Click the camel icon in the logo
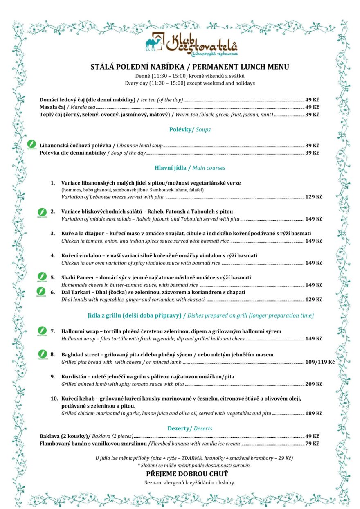(154, 43)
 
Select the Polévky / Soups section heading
(190, 130)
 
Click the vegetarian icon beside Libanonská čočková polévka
(32, 144)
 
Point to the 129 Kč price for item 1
(314, 197)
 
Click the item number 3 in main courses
(53, 233)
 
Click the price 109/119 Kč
(320, 362)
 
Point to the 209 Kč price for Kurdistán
(314, 384)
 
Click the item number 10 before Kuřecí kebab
(54, 398)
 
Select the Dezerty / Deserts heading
(190, 428)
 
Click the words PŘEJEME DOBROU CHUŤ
(190, 474)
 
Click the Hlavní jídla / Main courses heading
(190, 168)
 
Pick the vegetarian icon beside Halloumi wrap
(41, 330)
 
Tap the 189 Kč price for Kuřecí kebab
(314, 414)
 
